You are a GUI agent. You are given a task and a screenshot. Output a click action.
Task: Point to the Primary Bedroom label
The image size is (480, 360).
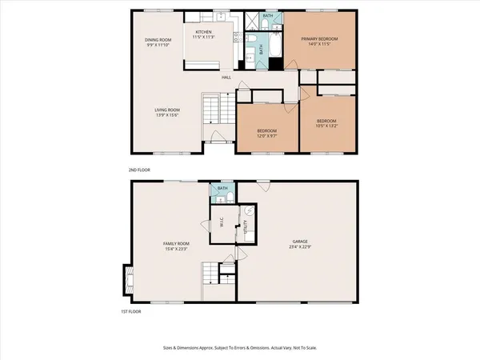pyautogui.click(x=319, y=38)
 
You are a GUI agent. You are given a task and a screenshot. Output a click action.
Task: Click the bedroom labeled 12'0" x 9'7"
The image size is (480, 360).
pyautogui.click(x=266, y=131)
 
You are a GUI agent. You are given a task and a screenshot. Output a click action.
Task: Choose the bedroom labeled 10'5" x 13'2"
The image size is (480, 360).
pyautogui.click(x=326, y=122)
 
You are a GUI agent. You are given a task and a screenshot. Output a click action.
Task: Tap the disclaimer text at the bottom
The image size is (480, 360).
pyautogui.click(x=240, y=349)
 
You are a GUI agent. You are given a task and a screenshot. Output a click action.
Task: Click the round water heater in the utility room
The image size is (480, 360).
pyautogui.click(x=249, y=210)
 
